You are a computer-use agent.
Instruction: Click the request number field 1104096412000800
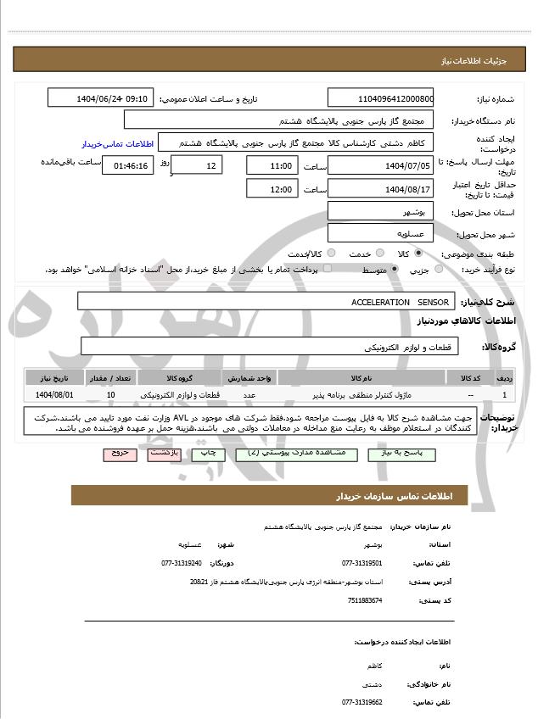(x=380, y=98)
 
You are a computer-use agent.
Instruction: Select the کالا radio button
(x=418, y=254)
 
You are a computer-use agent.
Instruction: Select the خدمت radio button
(x=377, y=254)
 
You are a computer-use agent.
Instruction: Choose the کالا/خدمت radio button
(x=331, y=254)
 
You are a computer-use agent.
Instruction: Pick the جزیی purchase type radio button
(x=438, y=270)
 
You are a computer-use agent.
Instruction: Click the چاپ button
(x=209, y=454)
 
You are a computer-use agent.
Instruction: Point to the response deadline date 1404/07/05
(x=380, y=164)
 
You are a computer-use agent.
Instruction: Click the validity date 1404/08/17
(x=380, y=189)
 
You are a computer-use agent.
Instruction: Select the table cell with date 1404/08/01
(x=55, y=394)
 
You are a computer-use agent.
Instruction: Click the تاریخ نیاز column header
(x=55, y=377)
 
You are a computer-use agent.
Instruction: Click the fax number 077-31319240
(x=182, y=563)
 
